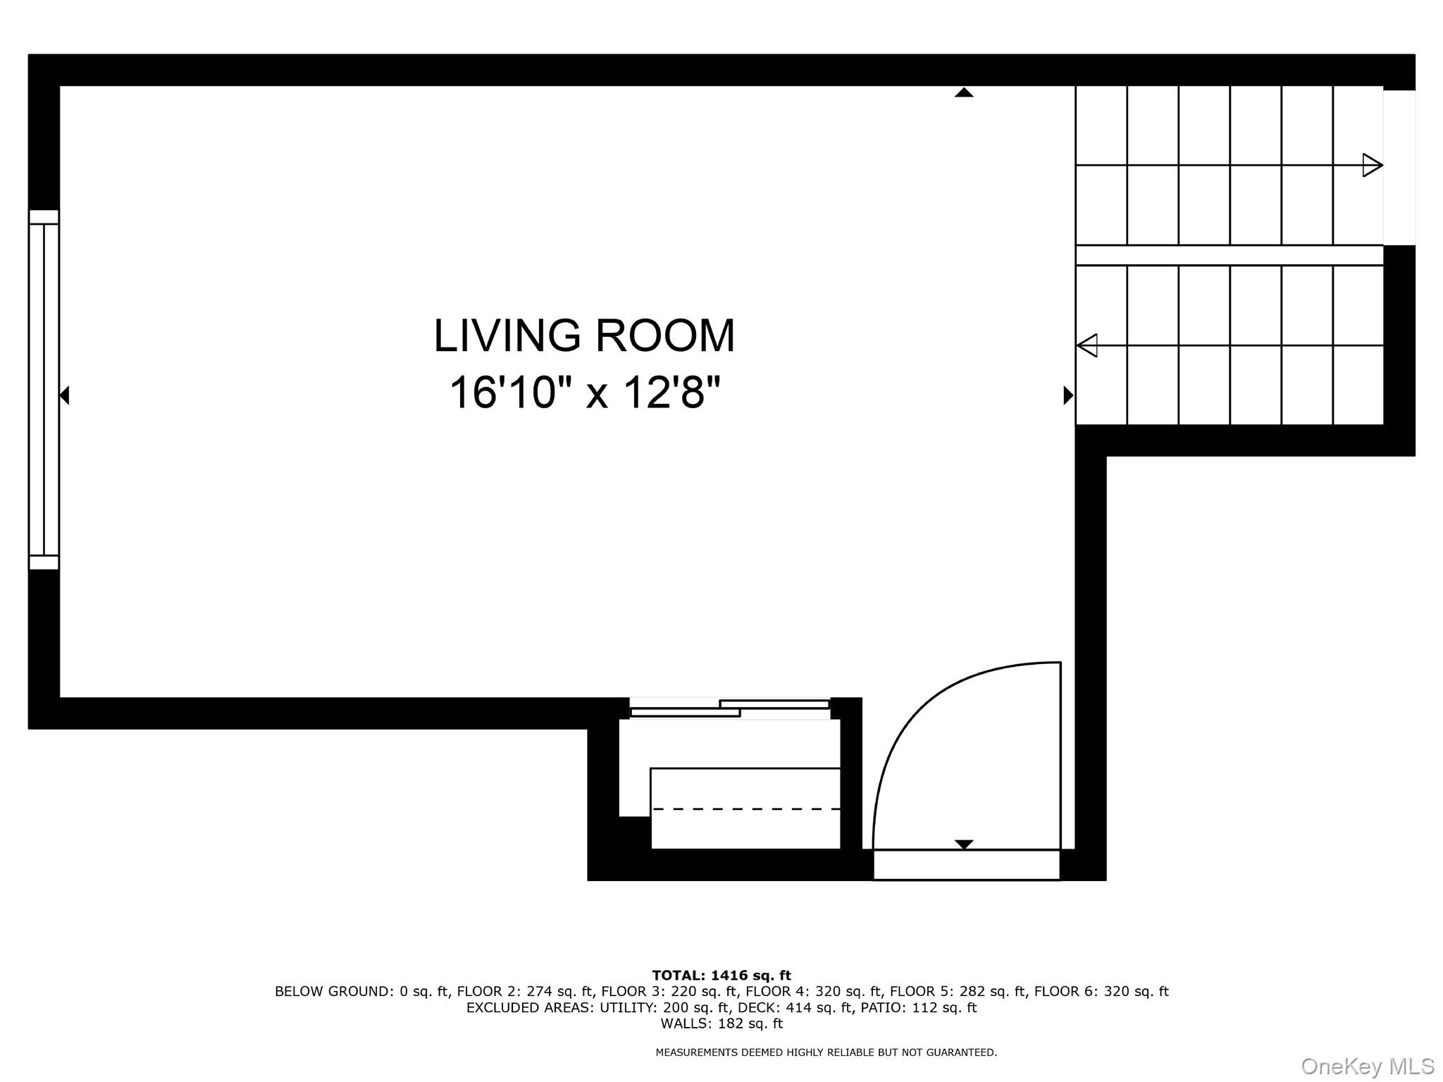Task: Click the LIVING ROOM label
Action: point(584,336)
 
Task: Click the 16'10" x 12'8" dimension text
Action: point(585,393)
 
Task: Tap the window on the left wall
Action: point(44,389)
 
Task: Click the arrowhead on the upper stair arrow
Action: point(1371,166)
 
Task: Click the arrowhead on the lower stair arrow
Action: point(1088,345)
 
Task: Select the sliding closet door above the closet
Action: point(729,708)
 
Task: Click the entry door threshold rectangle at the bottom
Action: point(966,865)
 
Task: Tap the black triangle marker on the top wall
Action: point(964,92)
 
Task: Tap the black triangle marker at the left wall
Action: point(64,395)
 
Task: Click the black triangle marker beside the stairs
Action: point(1067,395)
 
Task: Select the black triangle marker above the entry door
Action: point(963,844)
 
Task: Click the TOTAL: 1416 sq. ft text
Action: point(721,976)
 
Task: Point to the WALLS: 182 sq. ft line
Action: point(721,1023)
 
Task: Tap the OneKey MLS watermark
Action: point(1367,1066)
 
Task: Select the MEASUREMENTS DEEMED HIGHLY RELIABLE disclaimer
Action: point(826,1052)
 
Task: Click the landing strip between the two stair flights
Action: point(1229,255)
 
